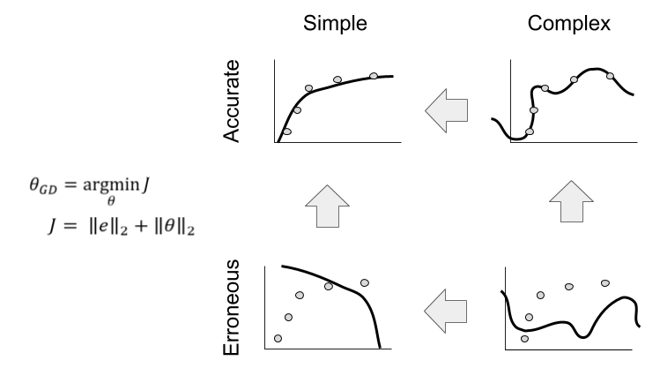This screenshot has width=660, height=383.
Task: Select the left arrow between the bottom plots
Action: point(446,306)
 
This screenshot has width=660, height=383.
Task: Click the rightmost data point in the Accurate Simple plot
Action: point(374,76)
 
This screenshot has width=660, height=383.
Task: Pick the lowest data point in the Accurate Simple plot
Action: point(286,131)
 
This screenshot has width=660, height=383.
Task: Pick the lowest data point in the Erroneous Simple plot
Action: point(278,338)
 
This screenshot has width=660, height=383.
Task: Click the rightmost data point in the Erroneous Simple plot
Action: point(364,282)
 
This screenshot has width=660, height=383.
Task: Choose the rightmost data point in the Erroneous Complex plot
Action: point(604,283)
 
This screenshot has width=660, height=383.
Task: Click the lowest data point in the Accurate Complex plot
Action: point(529,131)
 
